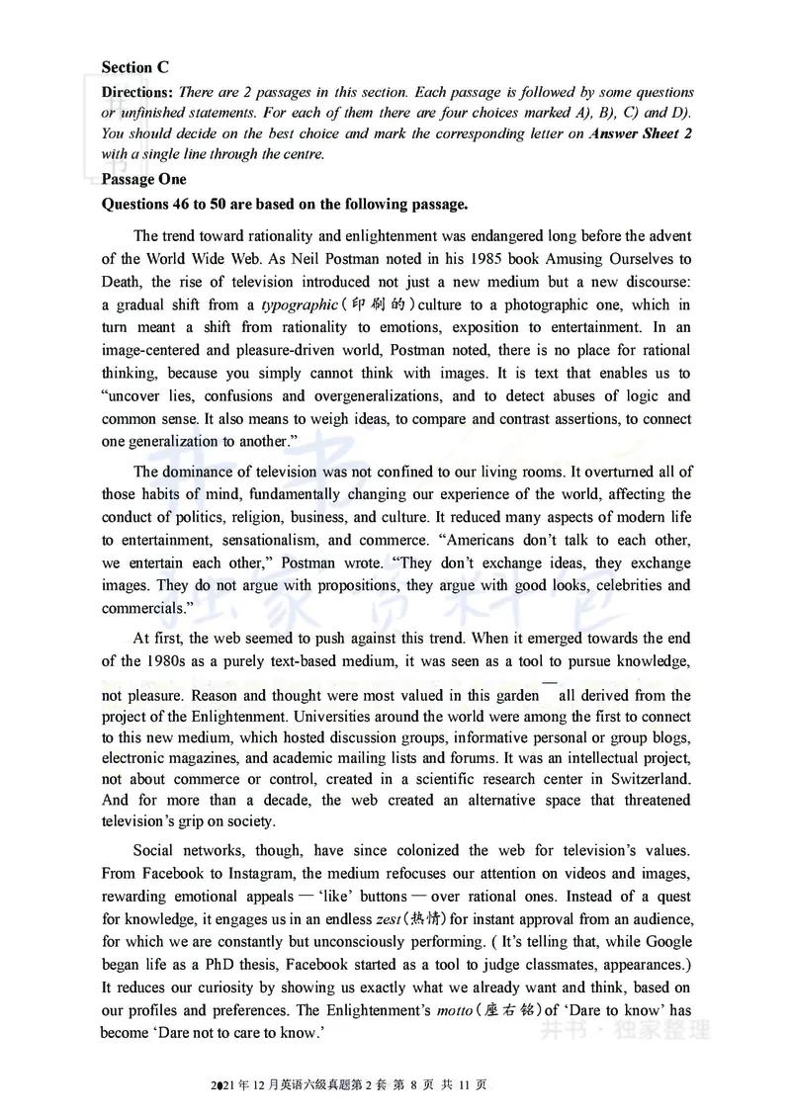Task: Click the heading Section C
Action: pyautogui.click(x=134, y=68)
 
